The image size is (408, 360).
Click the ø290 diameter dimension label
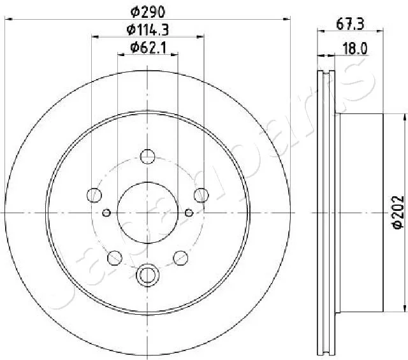(x=147, y=11)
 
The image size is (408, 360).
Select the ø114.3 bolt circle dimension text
(x=147, y=30)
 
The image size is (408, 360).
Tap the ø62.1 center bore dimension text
(x=148, y=48)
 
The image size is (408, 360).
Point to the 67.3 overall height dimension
(x=350, y=24)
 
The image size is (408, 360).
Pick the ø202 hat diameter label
(x=398, y=212)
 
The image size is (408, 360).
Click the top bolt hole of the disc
(x=147, y=157)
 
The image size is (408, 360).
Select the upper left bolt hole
(x=94, y=195)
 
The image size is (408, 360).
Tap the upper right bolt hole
(x=201, y=195)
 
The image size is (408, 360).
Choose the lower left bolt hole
(x=115, y=258)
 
